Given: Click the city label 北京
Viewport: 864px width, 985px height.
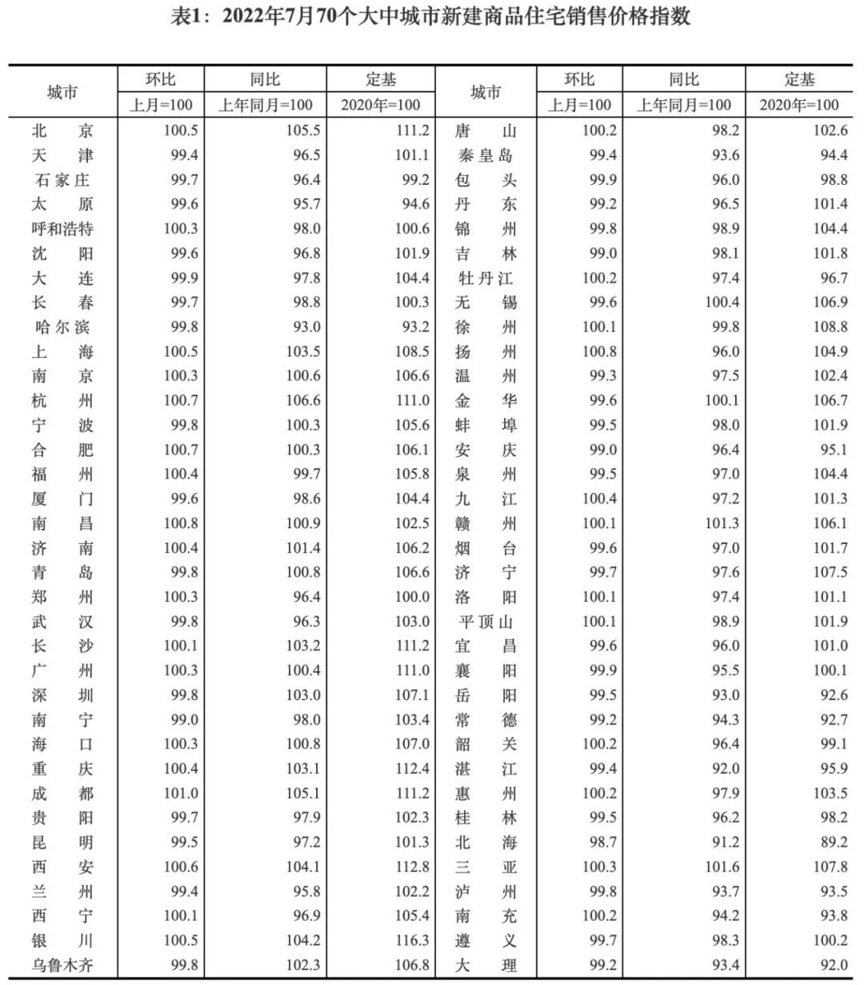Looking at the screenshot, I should [62, 130].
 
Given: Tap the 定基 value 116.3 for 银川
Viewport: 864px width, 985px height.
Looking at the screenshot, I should [412, 940].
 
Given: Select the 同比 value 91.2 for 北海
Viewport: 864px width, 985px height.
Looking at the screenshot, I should [726, 842].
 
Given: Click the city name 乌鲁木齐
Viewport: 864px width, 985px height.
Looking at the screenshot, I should [62, 965].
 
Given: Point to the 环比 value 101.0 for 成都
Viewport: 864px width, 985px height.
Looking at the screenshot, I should [181, 793].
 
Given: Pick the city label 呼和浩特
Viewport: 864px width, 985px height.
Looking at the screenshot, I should [62, 229].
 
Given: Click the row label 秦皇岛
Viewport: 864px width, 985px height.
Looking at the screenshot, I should [486, 155].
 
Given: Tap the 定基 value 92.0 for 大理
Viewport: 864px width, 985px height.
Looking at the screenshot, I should [833, 965].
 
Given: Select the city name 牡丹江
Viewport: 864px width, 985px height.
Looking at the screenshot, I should [486, 278].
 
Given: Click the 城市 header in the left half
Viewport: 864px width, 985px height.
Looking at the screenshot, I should [62, 92].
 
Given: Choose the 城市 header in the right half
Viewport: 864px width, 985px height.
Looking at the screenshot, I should [486, 92].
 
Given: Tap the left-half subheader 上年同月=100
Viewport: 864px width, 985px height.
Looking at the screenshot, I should [266, 105].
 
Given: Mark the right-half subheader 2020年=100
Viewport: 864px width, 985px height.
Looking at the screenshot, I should [799, 105].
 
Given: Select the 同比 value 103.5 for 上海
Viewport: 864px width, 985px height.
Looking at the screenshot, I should [303, 351].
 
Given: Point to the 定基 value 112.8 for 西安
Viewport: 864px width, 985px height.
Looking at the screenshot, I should [412, 867].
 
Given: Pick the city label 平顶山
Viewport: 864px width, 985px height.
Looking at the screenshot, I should [486, 622].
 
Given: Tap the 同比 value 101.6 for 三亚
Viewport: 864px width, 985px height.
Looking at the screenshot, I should [722, 867].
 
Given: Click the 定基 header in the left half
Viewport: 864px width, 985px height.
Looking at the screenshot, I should [381, 79].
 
